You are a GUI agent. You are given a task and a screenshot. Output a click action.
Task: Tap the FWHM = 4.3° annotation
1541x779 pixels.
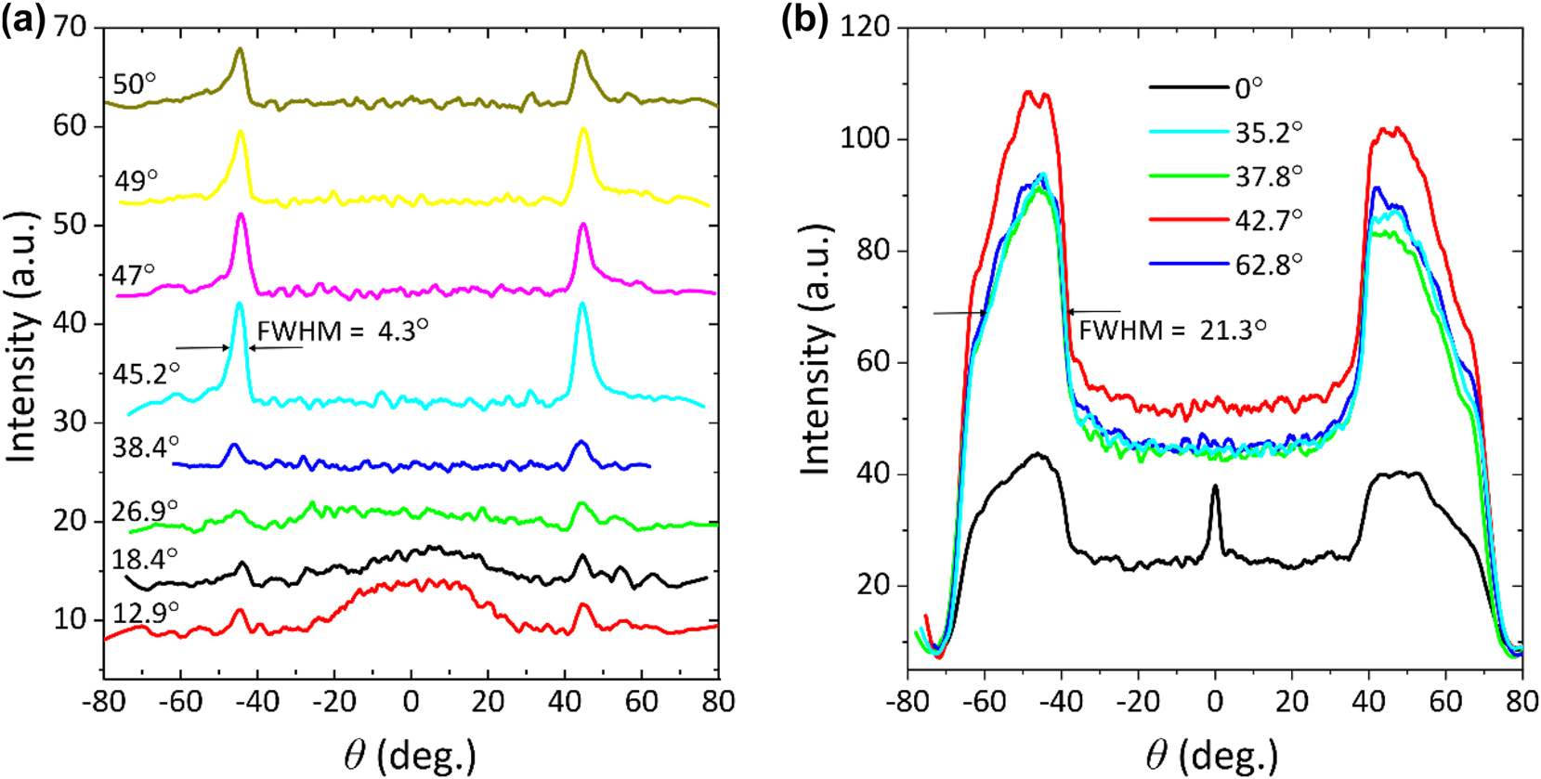click(342, 330)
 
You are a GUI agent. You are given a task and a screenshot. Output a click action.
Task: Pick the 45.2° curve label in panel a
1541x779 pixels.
click(146, 373)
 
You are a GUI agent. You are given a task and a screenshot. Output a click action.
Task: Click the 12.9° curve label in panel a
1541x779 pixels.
click(145, 613)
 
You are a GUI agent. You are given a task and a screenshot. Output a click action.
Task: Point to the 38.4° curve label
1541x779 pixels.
click(145, 448)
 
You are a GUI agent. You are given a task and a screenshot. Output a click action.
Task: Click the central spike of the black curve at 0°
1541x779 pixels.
click(1215, 487)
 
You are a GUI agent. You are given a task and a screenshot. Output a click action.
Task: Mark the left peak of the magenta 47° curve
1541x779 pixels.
click(242, 216)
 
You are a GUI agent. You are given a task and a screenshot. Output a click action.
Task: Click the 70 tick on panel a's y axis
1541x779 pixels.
click(70, 27)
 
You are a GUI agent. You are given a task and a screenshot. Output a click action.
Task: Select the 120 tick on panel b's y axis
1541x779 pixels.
click(864, 27)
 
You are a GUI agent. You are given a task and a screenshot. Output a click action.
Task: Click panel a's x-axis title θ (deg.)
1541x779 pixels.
click(410, 754)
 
